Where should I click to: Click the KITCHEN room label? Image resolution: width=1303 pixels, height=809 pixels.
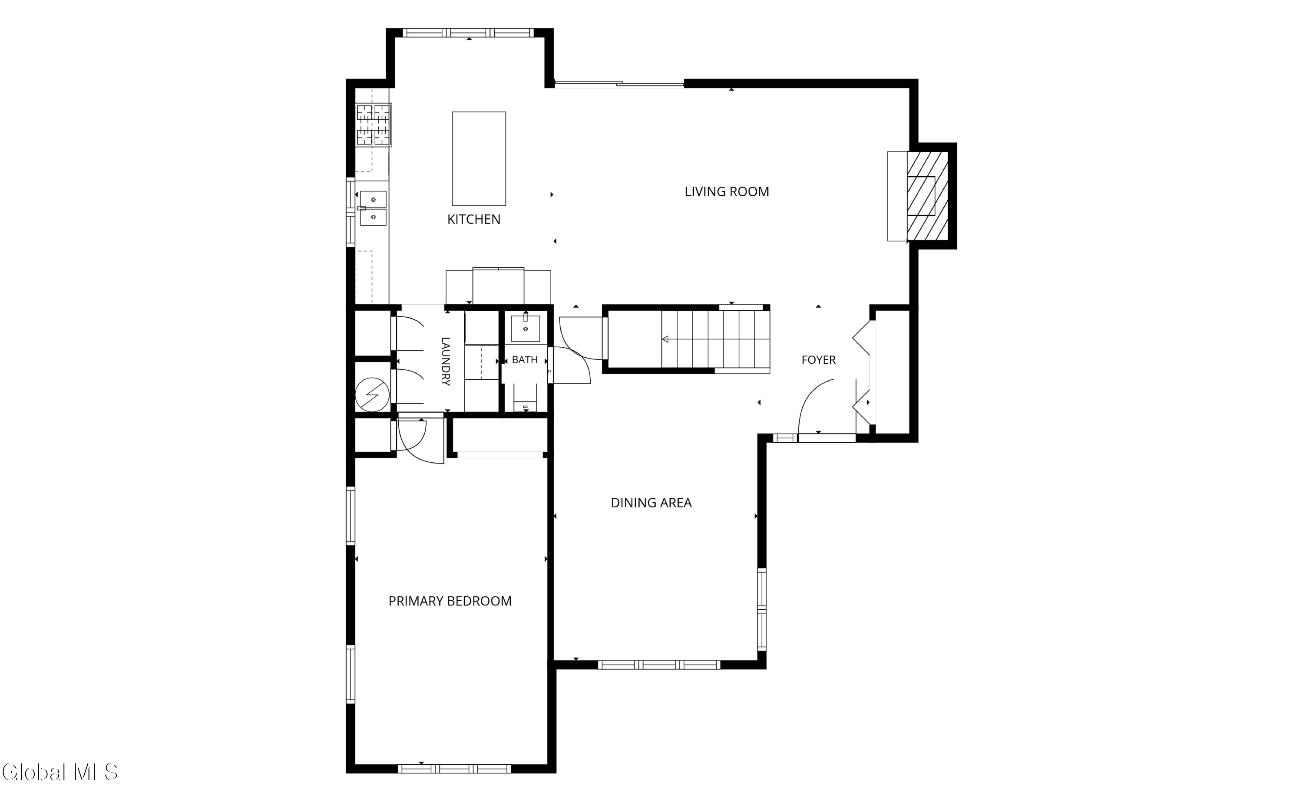[x=474, y=219]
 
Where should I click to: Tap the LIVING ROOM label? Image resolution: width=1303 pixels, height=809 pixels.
[x=727, y=191]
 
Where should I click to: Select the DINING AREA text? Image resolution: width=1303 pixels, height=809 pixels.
[x=651, y=503]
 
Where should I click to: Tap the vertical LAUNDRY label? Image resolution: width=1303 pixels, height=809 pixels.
[x=445, y=361]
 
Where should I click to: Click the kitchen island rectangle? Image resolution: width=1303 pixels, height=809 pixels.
[x=479, y=158]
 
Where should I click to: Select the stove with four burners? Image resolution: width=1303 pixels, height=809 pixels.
[x=374, y=125]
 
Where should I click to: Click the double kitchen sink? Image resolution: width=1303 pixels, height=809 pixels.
[x=373, y=208]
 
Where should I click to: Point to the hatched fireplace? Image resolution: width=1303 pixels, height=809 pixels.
[x=927, y=196]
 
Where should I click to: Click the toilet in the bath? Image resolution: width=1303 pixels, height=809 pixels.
[x=525, y=398]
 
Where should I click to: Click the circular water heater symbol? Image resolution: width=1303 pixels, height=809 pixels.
[x=373, y=395]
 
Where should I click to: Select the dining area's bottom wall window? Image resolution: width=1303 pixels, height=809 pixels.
[x=659, y=665]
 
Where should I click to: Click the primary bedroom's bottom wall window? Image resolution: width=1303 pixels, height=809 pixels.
[x=454, y=769]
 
